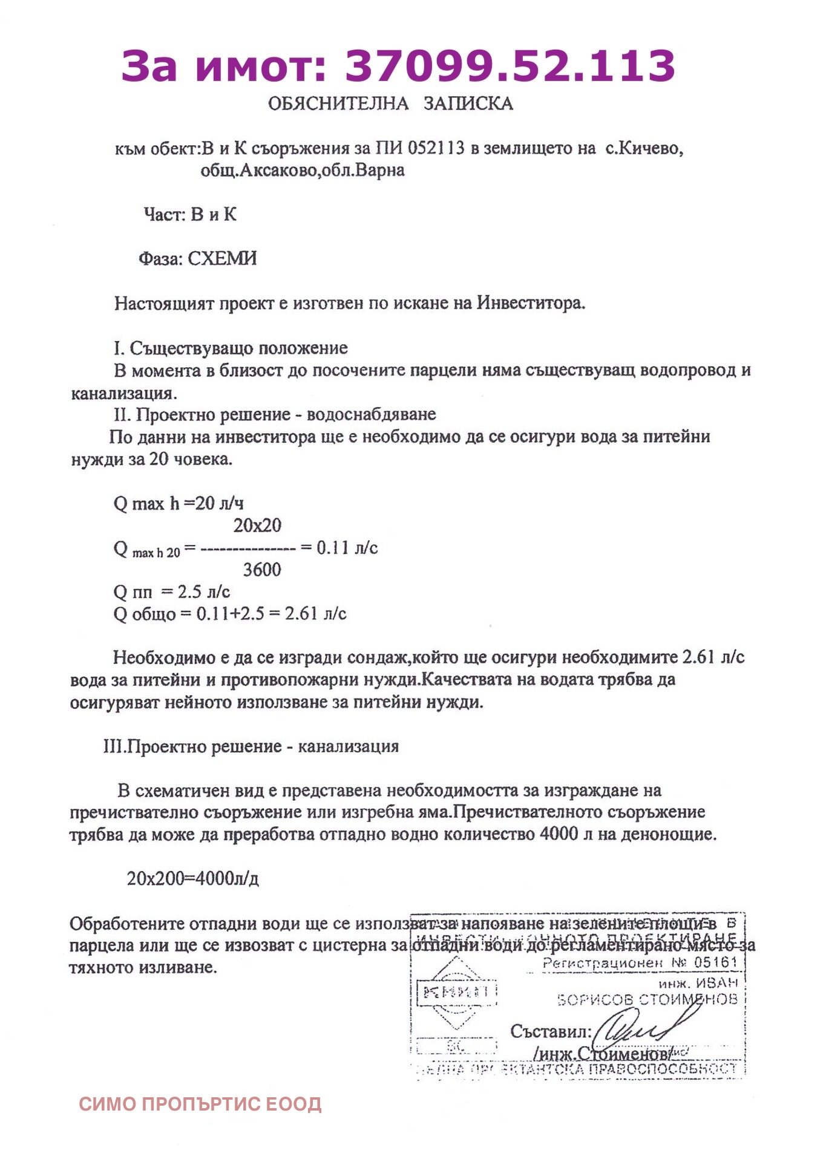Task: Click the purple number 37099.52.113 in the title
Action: [x=510, y=66]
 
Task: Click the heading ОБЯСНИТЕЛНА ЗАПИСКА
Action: [x=390, y=103]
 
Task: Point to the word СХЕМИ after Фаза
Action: [x=222, y=259]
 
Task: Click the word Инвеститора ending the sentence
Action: [x=531, y=303]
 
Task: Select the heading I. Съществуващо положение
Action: [x=231, y=348]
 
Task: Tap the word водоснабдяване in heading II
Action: [x=371, y=415]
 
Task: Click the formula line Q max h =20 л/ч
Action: [x=179, y=503]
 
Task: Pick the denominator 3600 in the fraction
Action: [x=262, y=570]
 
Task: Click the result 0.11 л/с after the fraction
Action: [x=347, y=548]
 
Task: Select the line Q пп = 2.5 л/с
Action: [x=172, y=592]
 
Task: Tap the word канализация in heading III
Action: [x=348, y=746]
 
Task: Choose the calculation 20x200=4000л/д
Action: [x=192, y=878]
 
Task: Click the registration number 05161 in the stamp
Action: [x=715, y=962]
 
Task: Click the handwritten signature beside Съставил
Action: [x=635, y=1029]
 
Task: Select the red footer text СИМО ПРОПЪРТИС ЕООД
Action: [x=200, y=1105]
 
